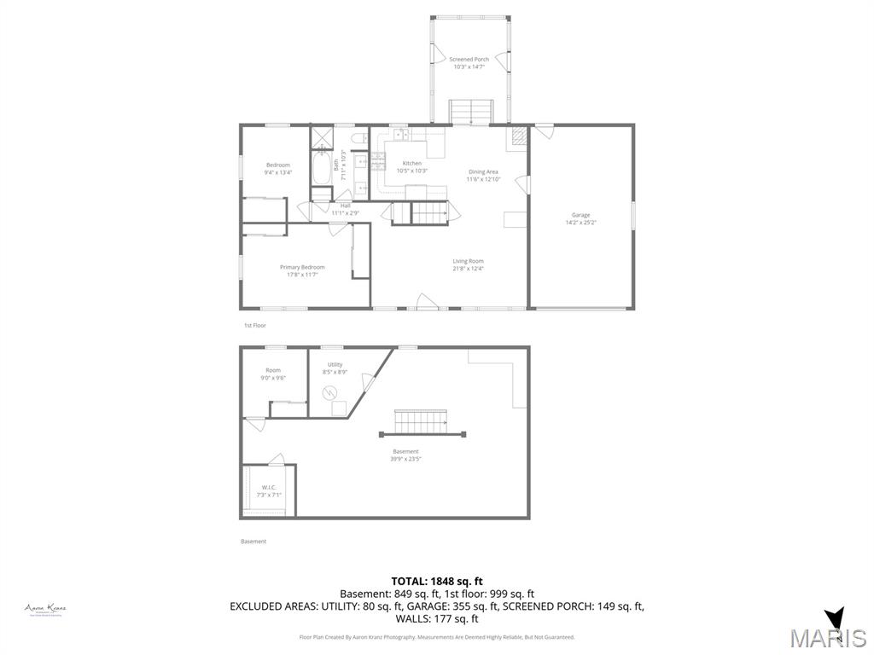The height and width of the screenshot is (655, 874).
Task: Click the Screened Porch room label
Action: pos(469,62)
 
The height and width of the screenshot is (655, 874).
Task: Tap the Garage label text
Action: pos(580,218)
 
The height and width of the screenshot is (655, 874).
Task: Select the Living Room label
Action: pos(468,264)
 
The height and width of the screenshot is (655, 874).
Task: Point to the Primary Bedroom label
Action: pos(302,270)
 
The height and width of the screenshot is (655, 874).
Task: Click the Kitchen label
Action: pos(412,166)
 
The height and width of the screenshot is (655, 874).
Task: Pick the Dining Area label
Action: pos(483,175)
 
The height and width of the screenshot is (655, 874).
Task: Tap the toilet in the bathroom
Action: pos(358,138)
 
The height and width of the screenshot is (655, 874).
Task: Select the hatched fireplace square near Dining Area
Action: pos(517,136)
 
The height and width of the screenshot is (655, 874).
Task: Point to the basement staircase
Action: pos(420,422)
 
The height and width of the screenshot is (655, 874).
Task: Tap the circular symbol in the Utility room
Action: pos(329,393)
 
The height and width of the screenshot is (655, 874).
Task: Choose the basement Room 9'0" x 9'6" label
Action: pos(272,374)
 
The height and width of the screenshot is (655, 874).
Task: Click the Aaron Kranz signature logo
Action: pos(45,609)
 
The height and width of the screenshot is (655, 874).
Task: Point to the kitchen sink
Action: pos(401,135)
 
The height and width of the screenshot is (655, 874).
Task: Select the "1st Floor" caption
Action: pos(255,326)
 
